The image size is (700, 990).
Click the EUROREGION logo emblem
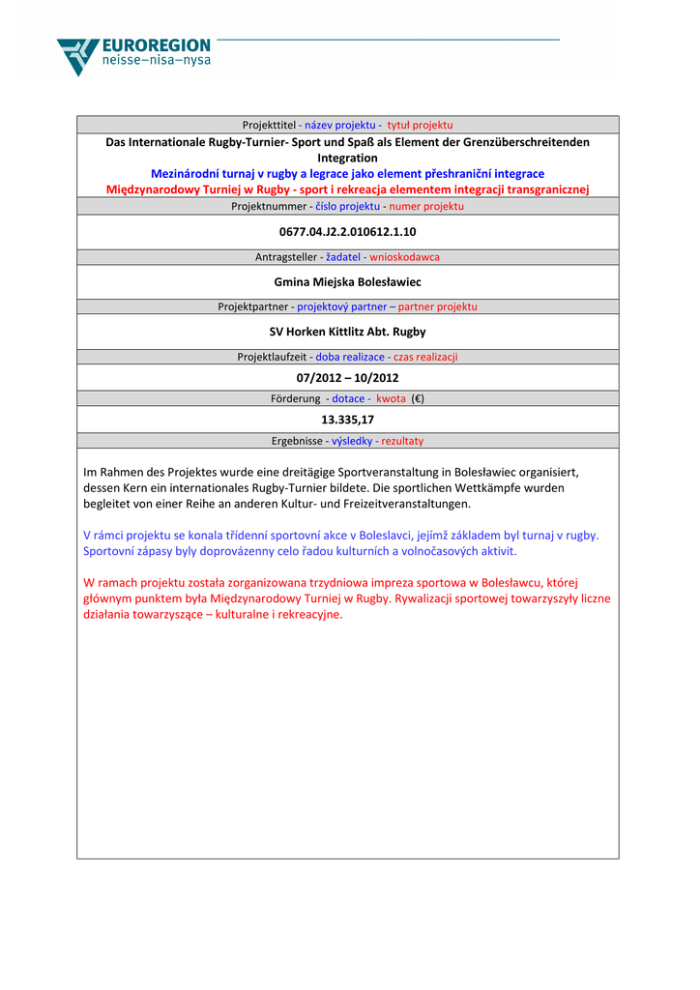click(x=77, y=56)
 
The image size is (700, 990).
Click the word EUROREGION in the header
click(x=156, y=46)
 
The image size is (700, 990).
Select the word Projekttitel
click(x=269, y=125)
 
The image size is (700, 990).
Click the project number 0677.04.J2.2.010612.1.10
click(x=347, y=232)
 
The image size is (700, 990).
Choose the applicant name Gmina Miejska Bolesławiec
click(x=347, y=282)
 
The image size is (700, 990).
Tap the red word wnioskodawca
click(x=404, y=257)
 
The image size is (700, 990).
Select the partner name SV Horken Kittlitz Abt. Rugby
click(x=347, y=332)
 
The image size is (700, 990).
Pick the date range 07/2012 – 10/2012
click(x=347, y=378)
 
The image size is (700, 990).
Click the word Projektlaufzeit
click(x=272, y=357)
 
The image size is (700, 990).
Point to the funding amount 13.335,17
click(x=347, y=420)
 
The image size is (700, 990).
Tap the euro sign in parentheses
click(x=418, y=398)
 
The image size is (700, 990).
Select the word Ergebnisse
click(x=297, y=441)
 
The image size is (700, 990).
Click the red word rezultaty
click(x=402, y=441)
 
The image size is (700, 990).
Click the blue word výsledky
click(x=353, y=441)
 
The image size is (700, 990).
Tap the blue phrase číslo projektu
click(x=348, y=207)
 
